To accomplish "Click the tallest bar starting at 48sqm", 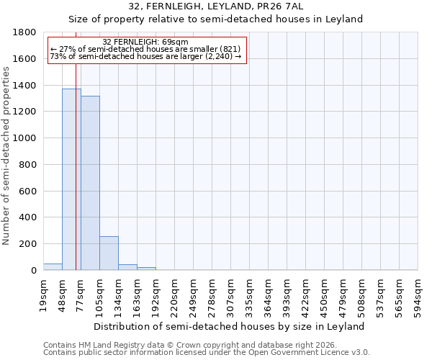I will [x=71, y=180].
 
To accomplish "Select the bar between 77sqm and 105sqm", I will [x=90, y=184].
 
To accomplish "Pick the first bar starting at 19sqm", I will [x=53, y=267].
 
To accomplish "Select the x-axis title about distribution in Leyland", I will [x=230, y=326].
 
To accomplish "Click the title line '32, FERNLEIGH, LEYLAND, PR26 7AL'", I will [x=216, y=6].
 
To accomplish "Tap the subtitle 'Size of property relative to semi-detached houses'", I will [x=216, y=19].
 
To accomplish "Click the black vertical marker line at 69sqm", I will [x=76, y=180].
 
